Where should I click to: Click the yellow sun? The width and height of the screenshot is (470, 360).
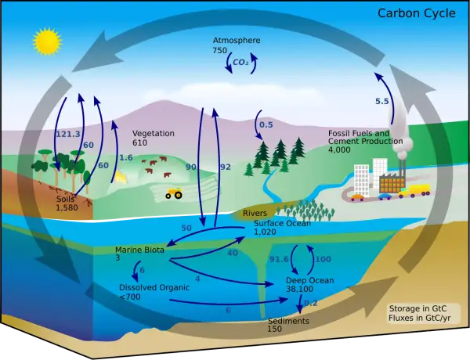[x=47, y=41]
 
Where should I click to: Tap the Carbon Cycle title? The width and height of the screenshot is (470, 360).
[x=417, y=13]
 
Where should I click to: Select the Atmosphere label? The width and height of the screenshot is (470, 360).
[x=237, y=40]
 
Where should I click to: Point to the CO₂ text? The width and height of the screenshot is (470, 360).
[x=240, y=63]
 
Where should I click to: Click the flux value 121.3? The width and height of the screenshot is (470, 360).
[x=68, y=134]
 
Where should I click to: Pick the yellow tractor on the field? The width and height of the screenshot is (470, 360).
[x=174, y=193]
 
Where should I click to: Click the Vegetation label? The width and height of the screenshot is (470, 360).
[x=154, y=134]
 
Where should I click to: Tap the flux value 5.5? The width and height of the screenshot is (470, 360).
[x=382, y=101]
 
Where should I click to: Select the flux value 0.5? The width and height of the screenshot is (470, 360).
[x=266, y=124]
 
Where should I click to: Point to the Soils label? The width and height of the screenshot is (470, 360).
[x=65, y=199]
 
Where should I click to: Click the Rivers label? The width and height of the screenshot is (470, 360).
[x=255, y=213]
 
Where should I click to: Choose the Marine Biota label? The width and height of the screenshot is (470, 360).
[x=139, y=250]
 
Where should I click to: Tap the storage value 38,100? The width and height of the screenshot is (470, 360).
[x=299, y=289]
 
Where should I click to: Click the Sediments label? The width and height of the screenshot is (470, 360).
[x=288, y=321]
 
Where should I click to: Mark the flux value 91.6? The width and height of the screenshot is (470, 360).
[x=279, y=259]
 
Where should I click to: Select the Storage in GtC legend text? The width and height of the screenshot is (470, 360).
[x=418, y=308]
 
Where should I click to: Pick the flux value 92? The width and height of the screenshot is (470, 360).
[x=226, y=167]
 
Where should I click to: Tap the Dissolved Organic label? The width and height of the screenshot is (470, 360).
[x=154, y=287]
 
